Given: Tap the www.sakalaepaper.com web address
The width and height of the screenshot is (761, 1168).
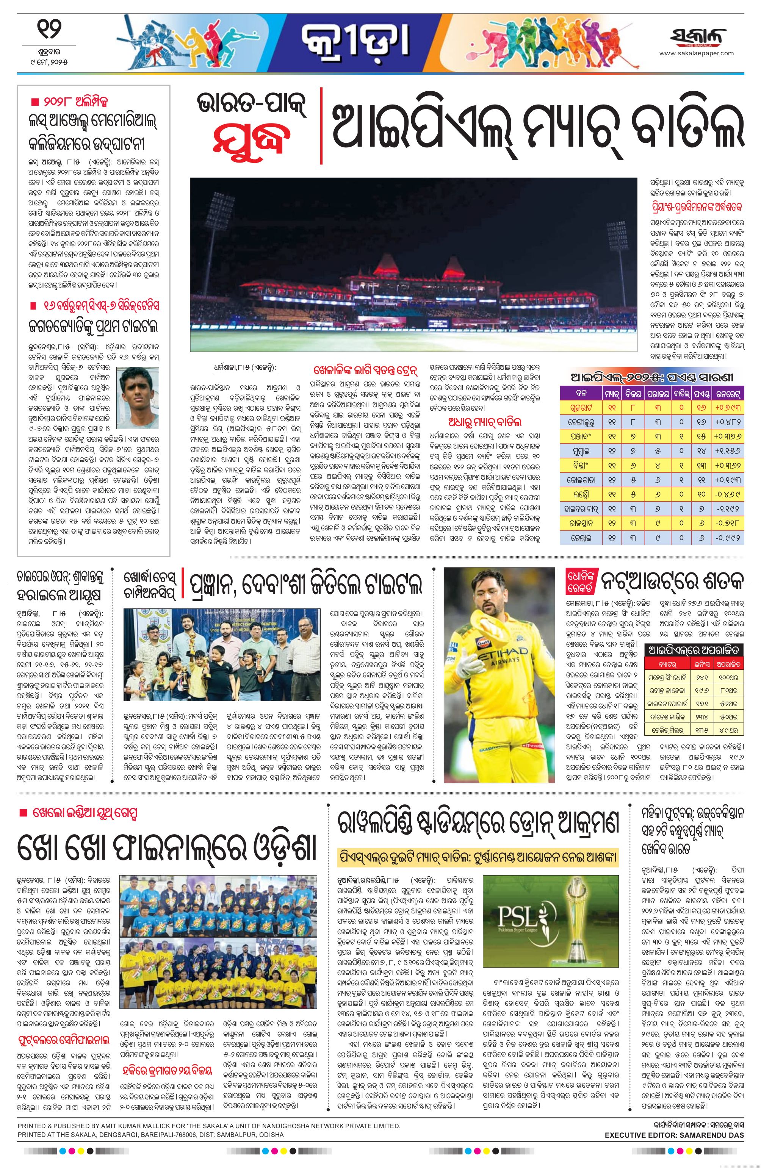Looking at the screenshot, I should tap(696, 54).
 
